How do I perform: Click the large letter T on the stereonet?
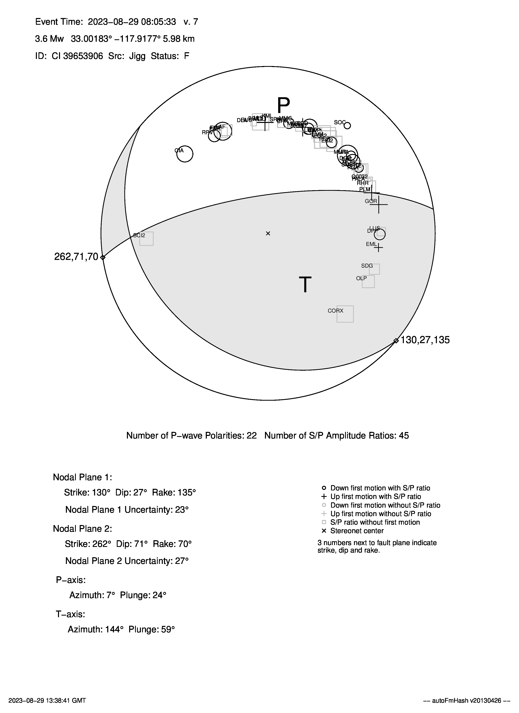point(305,285)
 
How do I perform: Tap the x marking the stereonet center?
point(268,233)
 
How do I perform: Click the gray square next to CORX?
point(345,314)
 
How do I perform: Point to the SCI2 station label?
point(139,235)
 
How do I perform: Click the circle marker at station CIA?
point(185,154)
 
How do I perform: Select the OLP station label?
point(361,279)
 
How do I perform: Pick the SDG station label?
point(367,266)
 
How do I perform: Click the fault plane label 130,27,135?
point(425,340)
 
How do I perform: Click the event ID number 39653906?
point(83,56)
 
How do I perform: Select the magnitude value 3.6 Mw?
point(49,39)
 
